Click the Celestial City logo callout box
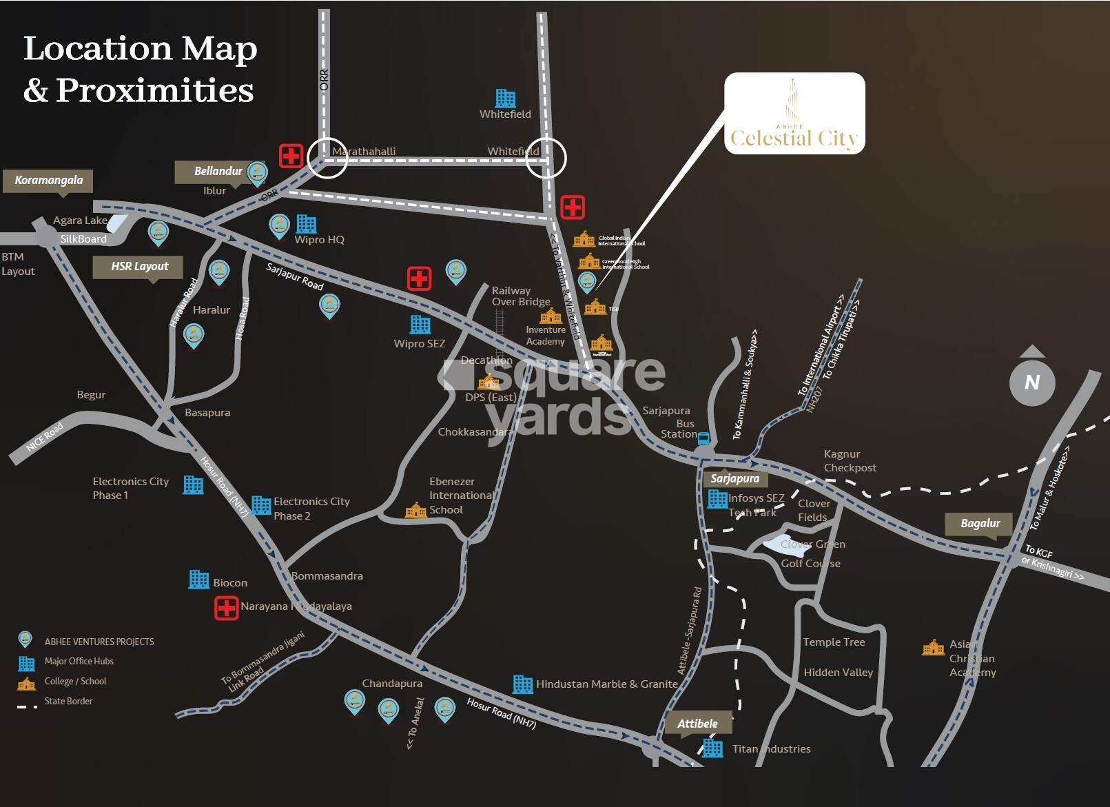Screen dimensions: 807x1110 coord(794,114)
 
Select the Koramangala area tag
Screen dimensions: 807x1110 coord(48,181)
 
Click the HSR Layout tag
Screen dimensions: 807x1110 coord(139,267)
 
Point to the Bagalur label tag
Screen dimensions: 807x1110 coord(980,524)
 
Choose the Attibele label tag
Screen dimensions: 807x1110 coord(697,724)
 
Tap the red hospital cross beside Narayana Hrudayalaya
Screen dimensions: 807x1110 coord(226,608)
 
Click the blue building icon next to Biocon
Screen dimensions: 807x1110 coord(198,580)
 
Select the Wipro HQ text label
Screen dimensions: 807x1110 coord(319,240)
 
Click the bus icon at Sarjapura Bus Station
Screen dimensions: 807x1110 coord(703,438)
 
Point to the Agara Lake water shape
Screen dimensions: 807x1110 coord(117,223)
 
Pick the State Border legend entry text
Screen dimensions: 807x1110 coord(68,702)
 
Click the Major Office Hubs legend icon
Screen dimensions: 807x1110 coord(26,663)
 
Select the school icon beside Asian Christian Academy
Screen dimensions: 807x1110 coord(933,648)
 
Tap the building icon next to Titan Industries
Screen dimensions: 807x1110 coord(712,748)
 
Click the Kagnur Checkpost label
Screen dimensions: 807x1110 coord(850,461)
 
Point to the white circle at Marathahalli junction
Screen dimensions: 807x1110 coord(327,158)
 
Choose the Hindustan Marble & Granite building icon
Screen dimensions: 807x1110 coord(522,684)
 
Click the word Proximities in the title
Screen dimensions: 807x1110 coord(154,90)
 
